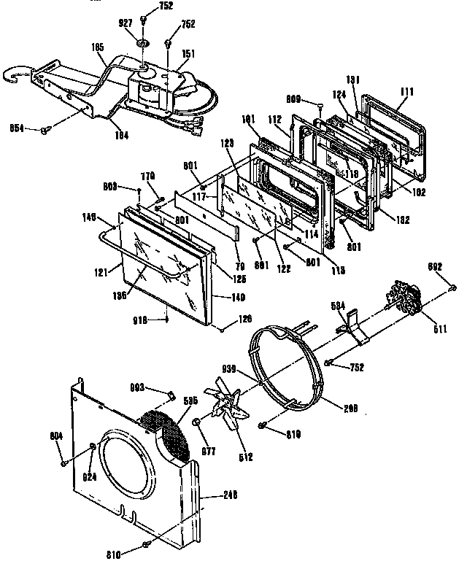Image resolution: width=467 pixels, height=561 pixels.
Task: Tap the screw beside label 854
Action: pyautogui.click(x=46, y=129)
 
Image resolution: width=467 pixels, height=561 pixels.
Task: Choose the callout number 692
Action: pyautogui.click(x=436, y=267)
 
